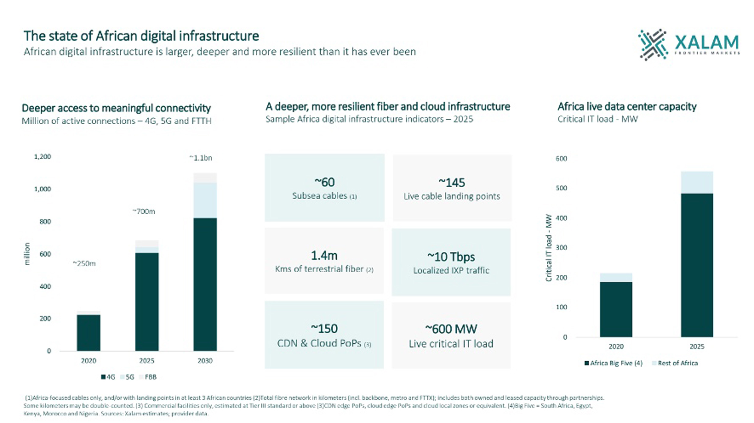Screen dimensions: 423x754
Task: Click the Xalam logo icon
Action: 653,45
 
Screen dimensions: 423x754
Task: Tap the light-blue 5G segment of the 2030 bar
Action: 205,200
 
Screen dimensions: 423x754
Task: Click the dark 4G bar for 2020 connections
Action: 89,333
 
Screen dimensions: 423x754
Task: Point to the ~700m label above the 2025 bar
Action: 144,211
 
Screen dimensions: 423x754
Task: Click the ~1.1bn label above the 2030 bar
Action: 201,158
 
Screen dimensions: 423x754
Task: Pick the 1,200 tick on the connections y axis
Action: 43,157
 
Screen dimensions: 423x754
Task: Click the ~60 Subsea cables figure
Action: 324,182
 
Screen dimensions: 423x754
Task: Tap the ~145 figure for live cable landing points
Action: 452,183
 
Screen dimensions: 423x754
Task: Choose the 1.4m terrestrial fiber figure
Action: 324,255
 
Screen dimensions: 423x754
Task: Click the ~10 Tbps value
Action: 451,257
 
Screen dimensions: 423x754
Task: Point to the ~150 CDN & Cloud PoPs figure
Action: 324,329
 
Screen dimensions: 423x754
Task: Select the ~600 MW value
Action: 451,329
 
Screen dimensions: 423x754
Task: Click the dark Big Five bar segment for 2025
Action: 697,265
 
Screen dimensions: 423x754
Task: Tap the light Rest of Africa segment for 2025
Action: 697,182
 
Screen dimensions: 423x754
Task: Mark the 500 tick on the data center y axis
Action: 561,188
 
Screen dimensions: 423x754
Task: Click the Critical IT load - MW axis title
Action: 549,247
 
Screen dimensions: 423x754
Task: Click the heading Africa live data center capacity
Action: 627,107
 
